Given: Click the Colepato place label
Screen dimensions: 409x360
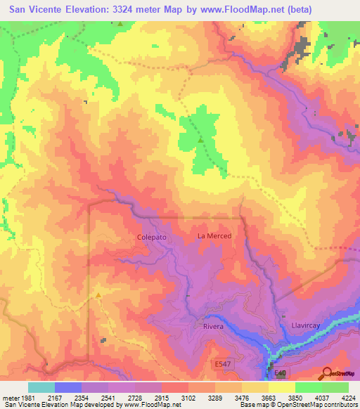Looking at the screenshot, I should click(151, 238).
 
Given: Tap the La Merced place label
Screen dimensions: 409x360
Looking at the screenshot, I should click(214, 236).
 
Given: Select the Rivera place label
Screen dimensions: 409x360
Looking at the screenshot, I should click(213, 327).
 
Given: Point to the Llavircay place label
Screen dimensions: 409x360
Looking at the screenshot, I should click(307, 326).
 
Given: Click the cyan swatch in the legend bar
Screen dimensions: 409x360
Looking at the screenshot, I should click(41, 387).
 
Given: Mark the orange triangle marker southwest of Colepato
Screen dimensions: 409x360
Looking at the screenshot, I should click(98, 295).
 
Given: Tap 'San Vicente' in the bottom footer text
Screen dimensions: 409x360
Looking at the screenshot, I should click(20, 405).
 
